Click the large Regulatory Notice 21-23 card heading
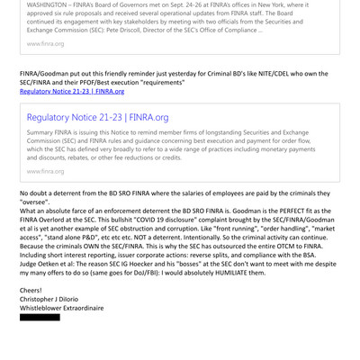[x=97, y=118]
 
